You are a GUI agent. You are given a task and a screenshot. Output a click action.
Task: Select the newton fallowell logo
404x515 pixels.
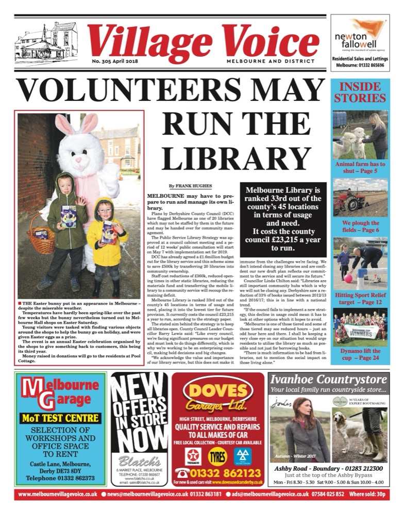359,36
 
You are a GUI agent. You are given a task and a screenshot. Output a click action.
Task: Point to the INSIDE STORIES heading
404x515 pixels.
359,91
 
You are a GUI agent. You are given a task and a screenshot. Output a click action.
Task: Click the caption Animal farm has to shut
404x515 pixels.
360,167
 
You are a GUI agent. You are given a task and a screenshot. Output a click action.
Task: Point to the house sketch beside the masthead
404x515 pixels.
47,41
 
